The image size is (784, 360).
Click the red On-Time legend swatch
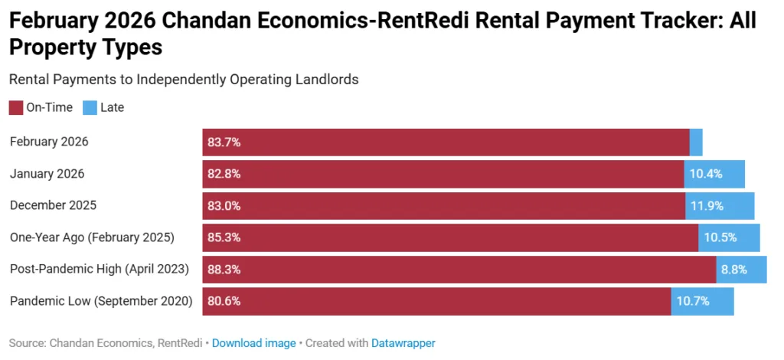click(16, 107)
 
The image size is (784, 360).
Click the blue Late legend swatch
click(90, 107)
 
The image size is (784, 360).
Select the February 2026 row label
click(49, 142)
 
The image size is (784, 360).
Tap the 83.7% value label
click(224, 142)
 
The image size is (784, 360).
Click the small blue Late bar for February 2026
click(696, 142)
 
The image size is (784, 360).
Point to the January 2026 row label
click(47, 174)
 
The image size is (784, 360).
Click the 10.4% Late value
click(705, 174)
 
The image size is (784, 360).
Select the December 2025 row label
click(53, 205)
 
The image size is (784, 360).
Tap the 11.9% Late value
click(706, 205)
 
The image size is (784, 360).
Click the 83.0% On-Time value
click(224, 205)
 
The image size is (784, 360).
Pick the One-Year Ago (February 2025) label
click(92, 237)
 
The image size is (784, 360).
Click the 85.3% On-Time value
click(224, 237)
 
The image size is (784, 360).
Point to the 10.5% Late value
click(720, 237)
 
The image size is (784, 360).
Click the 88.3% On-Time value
click(224, 269)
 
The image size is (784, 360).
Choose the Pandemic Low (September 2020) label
click(101, 301)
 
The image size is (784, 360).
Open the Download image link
click(253, 343)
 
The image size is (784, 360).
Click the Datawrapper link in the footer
click(403, 343)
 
